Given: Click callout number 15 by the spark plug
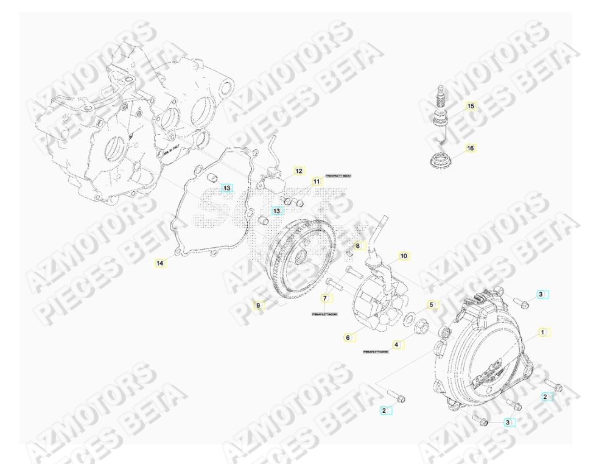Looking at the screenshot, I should coord(470,106).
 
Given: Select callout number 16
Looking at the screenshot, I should coord(470,148).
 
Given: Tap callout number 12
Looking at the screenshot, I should coord(299,171).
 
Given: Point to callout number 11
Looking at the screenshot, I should coord(317,181).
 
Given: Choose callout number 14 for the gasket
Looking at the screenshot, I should coord(159,264).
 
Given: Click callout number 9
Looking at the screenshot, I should coord(258,304).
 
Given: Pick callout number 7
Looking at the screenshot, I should coord(325,298).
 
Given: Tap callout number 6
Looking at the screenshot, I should coord(348,337).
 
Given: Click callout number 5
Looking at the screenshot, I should coord(431,304).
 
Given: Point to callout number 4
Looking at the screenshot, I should coord(396,345).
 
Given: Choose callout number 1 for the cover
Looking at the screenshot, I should coord(542,332).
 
